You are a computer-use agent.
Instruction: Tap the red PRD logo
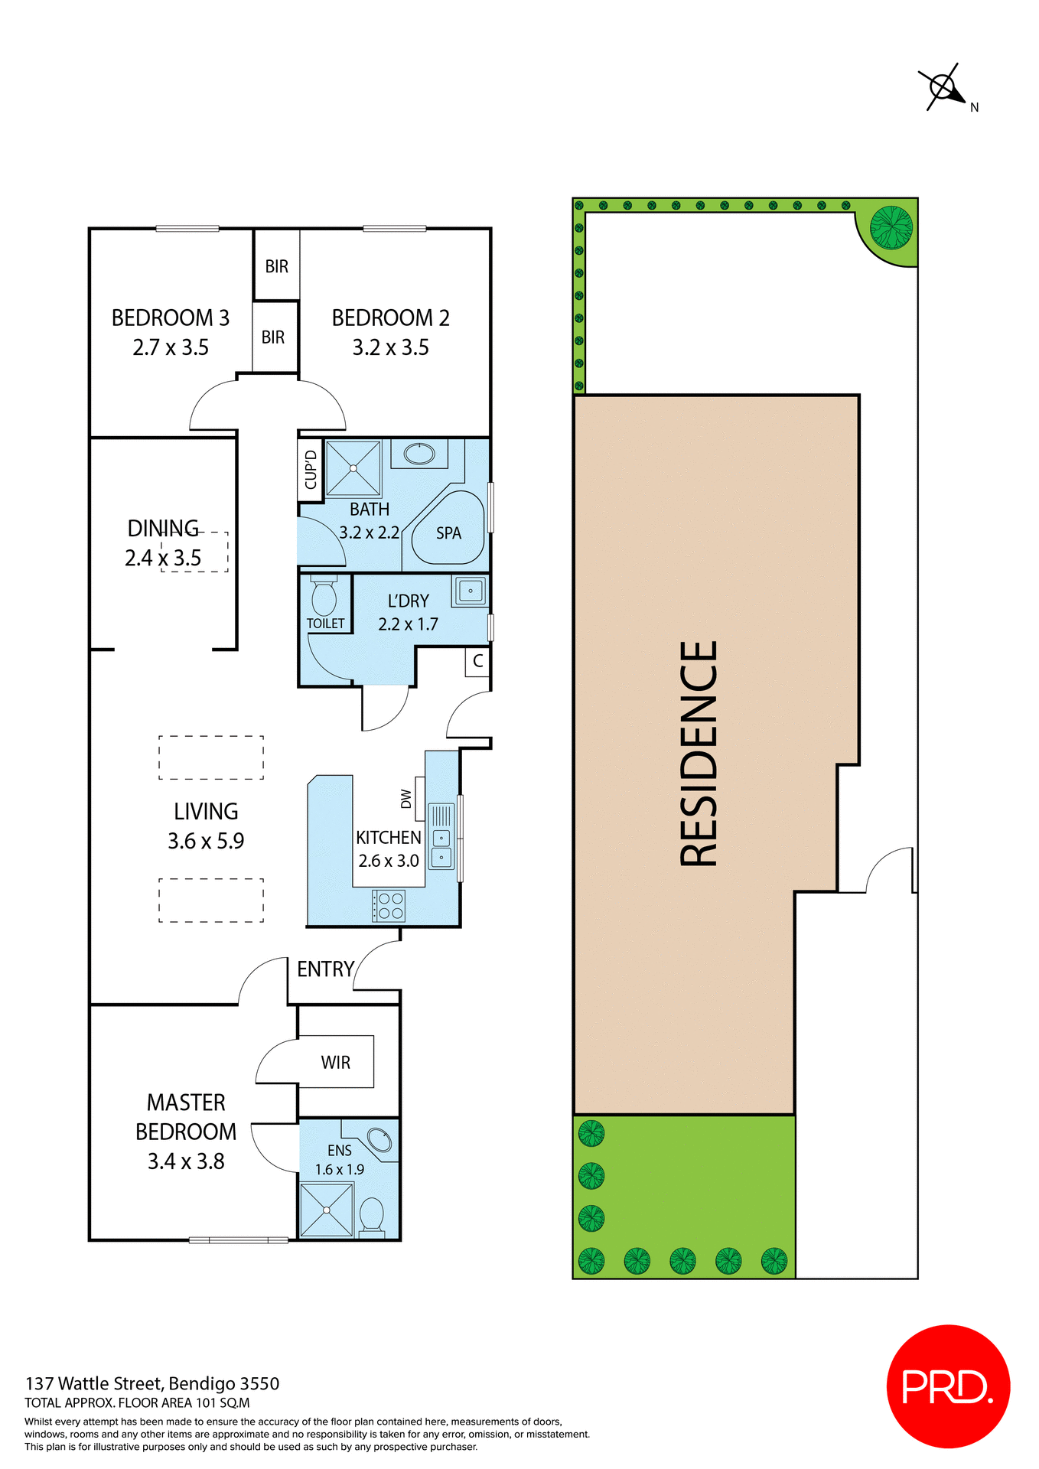pos(948,1386)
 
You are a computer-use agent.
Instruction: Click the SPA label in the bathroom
pos(448,533)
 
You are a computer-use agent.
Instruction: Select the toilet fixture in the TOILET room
pos(324,596)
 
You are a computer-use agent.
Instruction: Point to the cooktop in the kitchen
pos(389,906)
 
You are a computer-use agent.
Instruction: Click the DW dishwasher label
pos(406,799)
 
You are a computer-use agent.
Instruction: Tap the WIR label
pos(335,1062)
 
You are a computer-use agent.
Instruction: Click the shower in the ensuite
pos(327,1210)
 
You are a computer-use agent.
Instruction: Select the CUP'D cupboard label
pos(311,470)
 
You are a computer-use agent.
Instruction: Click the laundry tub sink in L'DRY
pos(470,591)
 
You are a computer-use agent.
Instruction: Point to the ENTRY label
pos(325,969)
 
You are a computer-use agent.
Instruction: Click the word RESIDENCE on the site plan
pos(699,754)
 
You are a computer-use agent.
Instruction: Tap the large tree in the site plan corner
pos(891,228)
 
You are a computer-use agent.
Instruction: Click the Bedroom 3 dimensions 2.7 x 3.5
pos(171,348)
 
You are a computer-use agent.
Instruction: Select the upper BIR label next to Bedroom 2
pos(277,266)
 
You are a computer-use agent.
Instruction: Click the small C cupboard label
pos(478,661)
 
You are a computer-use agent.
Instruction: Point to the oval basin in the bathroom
pos(419,454)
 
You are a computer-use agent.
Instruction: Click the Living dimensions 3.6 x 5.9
pos(206,842)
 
